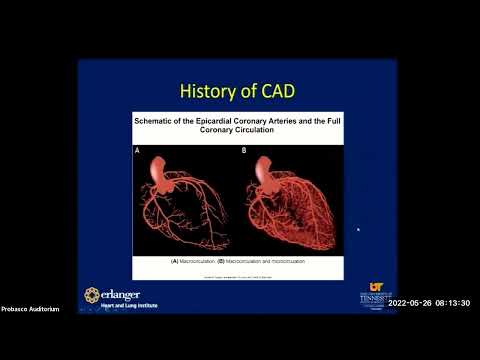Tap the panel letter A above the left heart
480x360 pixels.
point(138,151)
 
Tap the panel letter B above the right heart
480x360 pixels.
point(243,151)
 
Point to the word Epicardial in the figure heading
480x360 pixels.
point(220,120)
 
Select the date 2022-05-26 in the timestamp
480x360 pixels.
point(411,303)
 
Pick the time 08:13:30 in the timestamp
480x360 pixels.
point(455,303)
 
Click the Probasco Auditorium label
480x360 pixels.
point(30,309)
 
